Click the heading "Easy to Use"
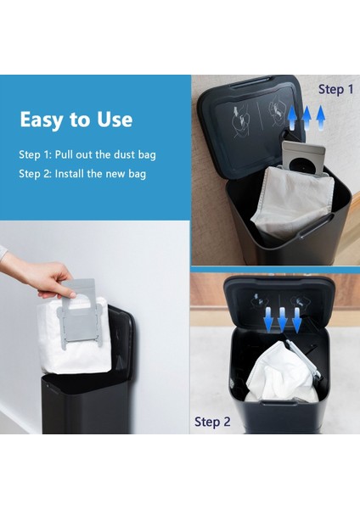coord(76,120)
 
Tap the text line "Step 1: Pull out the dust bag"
coord(87,154)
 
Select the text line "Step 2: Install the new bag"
coord(82,174)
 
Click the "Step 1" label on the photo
coord(335,89)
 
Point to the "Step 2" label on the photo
coord(212,422)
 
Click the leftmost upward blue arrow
coord(292,118)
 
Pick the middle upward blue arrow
coord(307,118)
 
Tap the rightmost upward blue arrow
coord(321,118)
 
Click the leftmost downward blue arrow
coord(268,320)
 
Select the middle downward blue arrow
coord(283,320)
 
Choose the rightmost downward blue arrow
coord(296,320)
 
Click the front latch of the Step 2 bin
coord(278,403)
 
